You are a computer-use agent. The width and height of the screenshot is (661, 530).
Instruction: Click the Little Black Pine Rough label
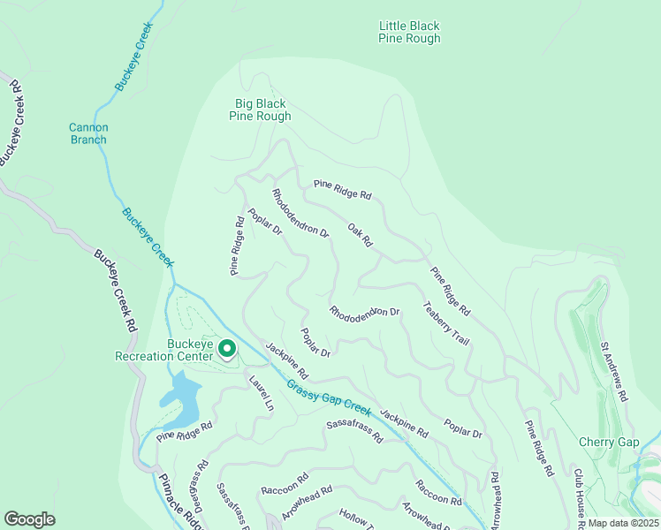pyautogui.click(x=409, y=33)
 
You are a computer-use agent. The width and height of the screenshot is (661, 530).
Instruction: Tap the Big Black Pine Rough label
pyautogui.click(x=260, y=110)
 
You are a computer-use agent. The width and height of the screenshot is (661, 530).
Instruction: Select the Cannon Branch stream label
pyautogui.click(x=88, y=133)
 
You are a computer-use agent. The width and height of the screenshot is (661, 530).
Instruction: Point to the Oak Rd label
pyautogui.click(x=361, y=234)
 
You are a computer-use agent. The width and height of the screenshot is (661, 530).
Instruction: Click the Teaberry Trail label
pyautogui.click(x=445, y=324)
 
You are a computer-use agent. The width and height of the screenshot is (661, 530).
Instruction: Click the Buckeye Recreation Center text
pyautogui.click(x=164, y=351)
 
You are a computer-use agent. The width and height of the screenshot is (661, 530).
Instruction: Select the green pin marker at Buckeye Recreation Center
pyautogui.click(x=227, y=351)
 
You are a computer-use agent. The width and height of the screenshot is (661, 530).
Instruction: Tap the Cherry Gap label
pyautogui.click(x=608, y=442)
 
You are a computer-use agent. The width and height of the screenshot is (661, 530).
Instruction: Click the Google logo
pyautogui.click(x=29, y=519)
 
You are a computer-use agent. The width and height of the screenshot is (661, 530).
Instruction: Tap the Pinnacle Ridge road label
pyautogui.click(x=181, y=502)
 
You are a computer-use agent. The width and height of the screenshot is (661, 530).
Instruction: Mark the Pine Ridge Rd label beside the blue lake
pyautogui.click(x=186, y=431)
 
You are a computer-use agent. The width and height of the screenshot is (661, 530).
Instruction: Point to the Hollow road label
pyautogui.click(x=359, y=519)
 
